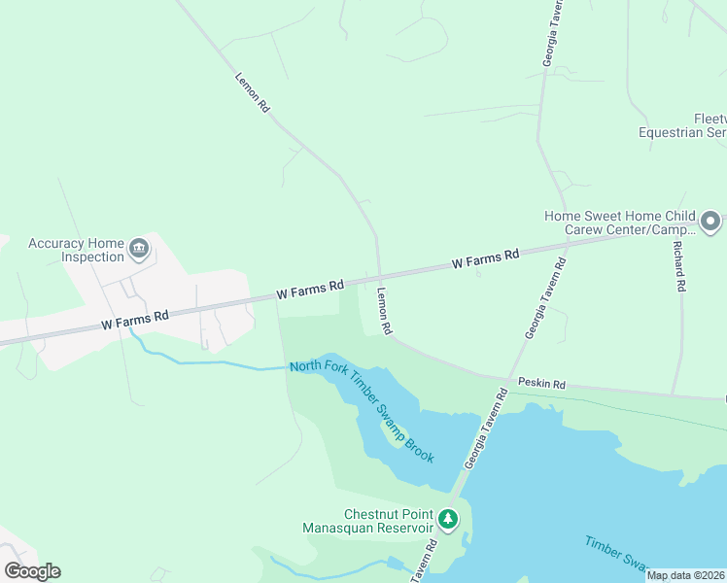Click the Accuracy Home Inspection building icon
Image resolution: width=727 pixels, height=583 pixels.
click(x=139, y=250)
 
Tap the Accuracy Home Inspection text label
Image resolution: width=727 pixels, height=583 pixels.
click(x=77, y=251)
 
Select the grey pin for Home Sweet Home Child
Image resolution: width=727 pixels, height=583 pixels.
click(x=710, y=223)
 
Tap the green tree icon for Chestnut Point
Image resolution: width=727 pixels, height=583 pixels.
click(x=448, y=519)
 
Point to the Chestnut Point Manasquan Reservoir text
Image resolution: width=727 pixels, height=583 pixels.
click(x=388, y=521)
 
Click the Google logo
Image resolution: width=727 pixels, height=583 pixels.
click(x=32, y=571)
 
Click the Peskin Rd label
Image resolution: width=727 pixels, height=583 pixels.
click(x=541, y=385)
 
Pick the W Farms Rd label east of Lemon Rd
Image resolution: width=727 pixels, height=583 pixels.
click(x=486, y=259)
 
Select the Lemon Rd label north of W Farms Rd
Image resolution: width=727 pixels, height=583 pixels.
click(x=252, y=93)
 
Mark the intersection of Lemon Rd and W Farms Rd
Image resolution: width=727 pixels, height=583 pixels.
click(x=378, y=276)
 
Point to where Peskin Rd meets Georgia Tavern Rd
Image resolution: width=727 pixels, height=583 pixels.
click(x=506, y=381)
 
